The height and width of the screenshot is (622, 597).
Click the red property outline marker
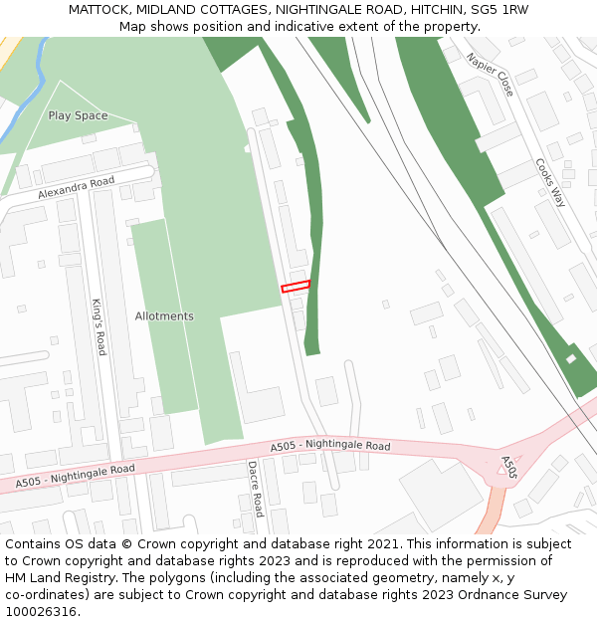[296, 287]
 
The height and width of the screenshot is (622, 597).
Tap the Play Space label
[78, 115]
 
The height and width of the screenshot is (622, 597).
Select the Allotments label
[164, 316]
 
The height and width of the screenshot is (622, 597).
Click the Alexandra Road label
[77, 188]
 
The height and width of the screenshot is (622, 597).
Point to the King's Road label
[99, 326]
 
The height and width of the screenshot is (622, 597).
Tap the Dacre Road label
[255, 488]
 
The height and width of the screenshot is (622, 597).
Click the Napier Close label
[492, 75]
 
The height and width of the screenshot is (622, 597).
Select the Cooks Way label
[550, 182]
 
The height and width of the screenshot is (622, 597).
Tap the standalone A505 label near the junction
[508, 468]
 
